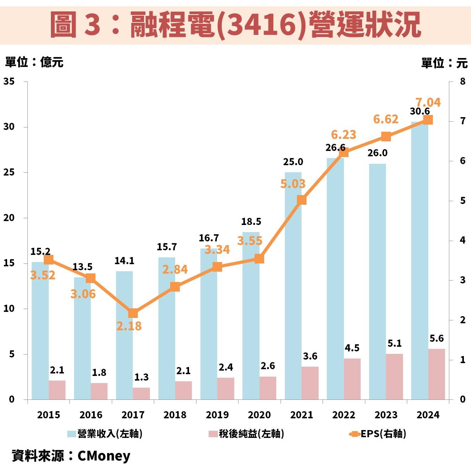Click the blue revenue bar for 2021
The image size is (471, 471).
[x=293, y=285]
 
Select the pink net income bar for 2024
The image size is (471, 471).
[x=436, y=374]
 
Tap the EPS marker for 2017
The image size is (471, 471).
[x=133, y=313]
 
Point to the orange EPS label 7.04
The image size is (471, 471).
[x=428, y=103]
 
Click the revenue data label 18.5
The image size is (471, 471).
[x=251, y=221]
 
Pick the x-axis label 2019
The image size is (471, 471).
[x=217, y=415]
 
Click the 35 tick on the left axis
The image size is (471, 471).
[x=9, y=82]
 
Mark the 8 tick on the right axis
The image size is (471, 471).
[x=462, y=82]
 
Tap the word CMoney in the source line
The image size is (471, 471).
[x=104, y=456]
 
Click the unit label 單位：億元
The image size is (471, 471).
[x=34, y=62]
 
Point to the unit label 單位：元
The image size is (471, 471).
[x=444, y=63]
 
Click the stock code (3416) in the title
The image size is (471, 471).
[x=261, y=25]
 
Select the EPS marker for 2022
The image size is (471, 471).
[x=344, y=152]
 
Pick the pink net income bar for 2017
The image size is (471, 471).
[x=141, y=393]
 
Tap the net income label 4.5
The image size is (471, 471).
[x=352, y=348]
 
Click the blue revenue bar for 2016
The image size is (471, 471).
[x=82, y=338]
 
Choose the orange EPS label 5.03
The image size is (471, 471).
[x=293, y=184]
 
